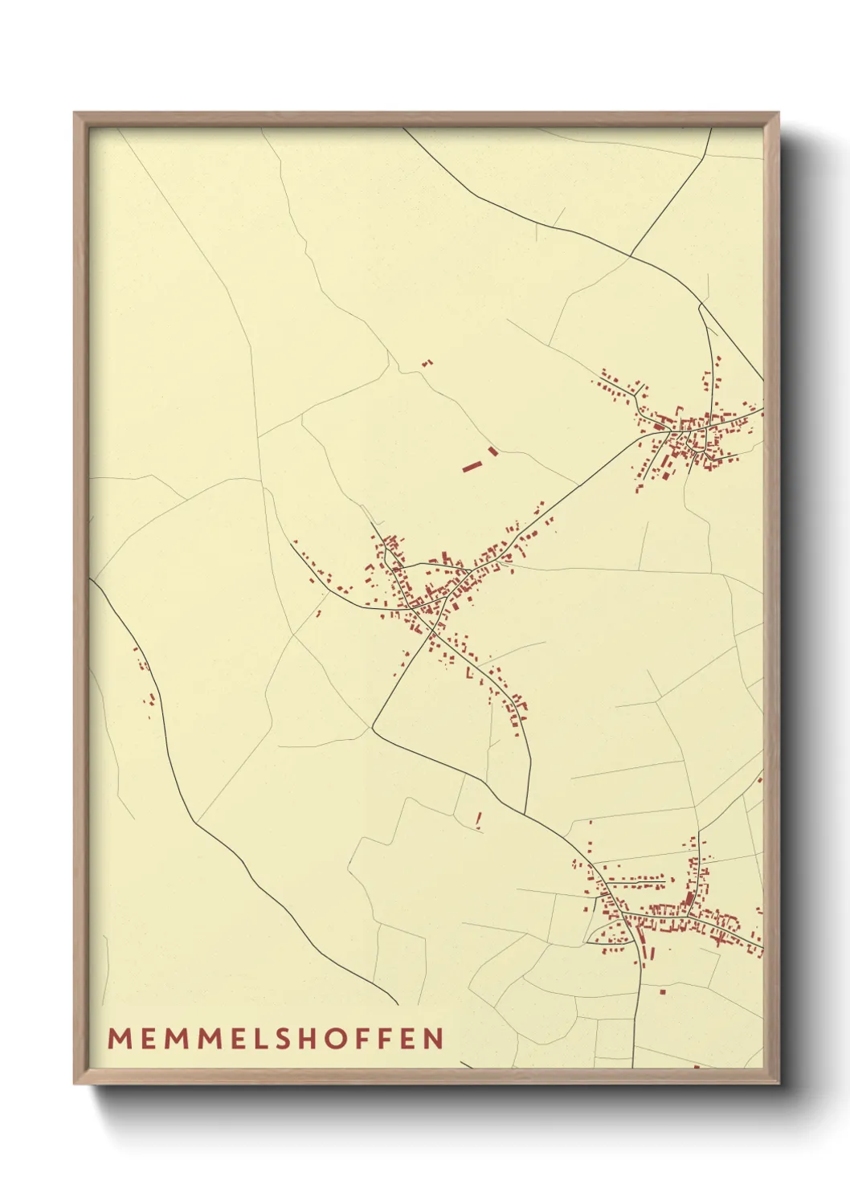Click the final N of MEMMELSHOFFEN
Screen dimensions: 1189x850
tap(435, 1039)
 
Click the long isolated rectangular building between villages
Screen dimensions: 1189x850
tap(471, 465)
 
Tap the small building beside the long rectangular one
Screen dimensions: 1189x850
tap(493, 451)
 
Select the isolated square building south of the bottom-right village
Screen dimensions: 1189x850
tap(663, 992)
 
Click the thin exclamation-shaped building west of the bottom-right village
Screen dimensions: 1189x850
tap(479, 819)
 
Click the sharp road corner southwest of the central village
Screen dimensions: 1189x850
tap(372, 728)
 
